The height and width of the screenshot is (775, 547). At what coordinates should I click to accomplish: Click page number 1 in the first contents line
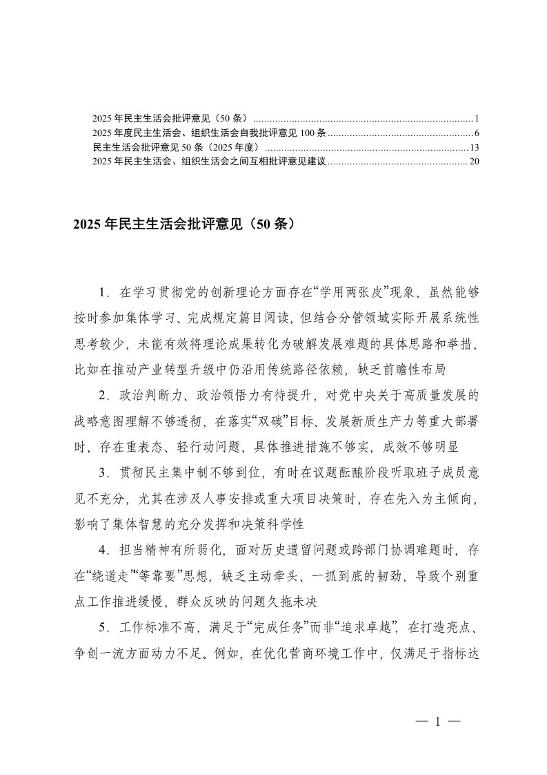click(477, 119)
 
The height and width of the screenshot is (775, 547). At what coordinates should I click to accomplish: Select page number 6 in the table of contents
click(477, 133)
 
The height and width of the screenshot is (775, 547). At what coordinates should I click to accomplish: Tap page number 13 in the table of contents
click(475, 148)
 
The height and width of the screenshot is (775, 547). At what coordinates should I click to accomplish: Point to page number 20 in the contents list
click(475, 162)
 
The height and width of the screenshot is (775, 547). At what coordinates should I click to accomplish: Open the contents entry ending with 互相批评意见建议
click(209, 162)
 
